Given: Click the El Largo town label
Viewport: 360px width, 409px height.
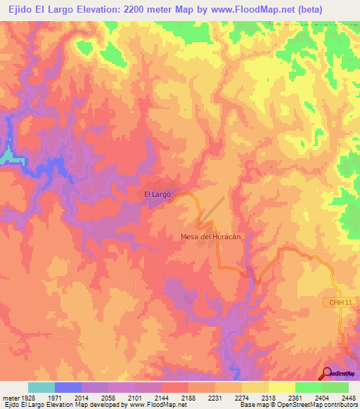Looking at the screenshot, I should (157, 194).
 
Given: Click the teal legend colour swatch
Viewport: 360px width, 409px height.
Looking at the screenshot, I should (41, 388).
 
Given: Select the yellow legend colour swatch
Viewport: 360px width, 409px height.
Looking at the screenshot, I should (282, 388).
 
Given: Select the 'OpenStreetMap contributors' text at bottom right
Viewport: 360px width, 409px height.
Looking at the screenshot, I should (319, 405).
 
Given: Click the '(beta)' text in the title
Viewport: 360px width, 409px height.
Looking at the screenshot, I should (308, 9).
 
